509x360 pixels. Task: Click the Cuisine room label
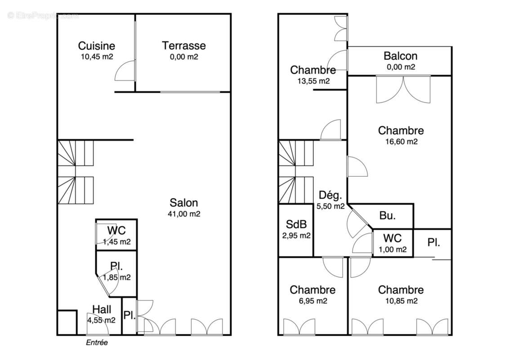point(96,45)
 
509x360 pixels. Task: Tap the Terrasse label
point(184,45)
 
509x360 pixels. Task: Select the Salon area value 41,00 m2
point(183,214)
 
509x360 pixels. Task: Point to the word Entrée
point(97,342)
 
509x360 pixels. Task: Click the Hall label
point(102,309)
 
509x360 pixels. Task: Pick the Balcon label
point(400,56)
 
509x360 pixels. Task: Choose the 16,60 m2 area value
point(401,141)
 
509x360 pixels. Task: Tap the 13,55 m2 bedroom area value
point(313,81)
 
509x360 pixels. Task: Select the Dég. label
point(330,196)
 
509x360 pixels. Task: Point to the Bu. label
point(388,216)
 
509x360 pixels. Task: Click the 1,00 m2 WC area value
point(392,249)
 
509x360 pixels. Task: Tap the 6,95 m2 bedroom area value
point(313,301)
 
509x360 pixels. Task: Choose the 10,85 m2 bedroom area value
point(401,301)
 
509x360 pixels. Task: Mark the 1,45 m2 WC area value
point(116,242)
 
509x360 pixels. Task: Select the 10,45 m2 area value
point(96,57)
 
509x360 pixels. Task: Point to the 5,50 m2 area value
point(330,207)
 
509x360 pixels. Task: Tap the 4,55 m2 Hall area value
point(102,320)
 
